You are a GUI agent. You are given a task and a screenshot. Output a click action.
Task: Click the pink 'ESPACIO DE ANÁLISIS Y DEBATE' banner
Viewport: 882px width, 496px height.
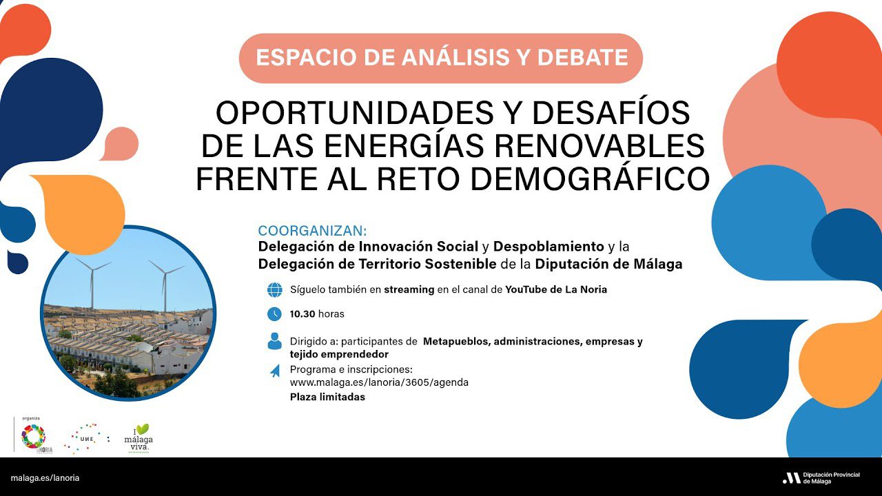[x=441, y=57]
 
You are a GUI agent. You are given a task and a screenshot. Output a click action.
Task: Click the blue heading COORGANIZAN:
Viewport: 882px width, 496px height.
[x=312, y=231]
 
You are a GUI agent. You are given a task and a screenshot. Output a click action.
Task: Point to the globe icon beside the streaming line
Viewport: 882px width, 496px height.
[x=274, y=289]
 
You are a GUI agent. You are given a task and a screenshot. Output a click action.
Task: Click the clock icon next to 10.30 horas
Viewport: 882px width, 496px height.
[x=274, y=314]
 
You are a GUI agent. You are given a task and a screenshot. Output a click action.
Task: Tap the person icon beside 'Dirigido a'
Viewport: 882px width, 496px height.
[x=274, y=341]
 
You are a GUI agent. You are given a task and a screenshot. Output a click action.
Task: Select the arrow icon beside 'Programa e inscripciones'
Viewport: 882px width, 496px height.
[x=275, y=371]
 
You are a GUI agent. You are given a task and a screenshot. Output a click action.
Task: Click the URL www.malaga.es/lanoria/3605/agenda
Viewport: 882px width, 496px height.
[x=379, y=382]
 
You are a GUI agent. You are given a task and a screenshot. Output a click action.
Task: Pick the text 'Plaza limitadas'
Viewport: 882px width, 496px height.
[x=327, y=397]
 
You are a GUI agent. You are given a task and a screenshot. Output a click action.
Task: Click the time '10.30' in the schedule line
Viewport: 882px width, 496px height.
[x=302, y=314]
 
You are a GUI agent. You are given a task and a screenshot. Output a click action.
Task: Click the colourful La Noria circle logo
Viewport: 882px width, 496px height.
[x=33, y=437]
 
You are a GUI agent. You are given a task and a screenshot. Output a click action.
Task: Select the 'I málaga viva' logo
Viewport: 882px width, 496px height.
[x=138, y=438]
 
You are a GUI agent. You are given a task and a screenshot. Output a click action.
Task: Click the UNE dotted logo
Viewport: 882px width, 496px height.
[x=86, y=438]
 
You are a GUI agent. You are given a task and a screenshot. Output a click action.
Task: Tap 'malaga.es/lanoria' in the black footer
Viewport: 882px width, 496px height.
[x=45, y=477]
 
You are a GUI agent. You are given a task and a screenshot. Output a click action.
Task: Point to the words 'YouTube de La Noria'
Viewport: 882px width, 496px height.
[x=555, y=289]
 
